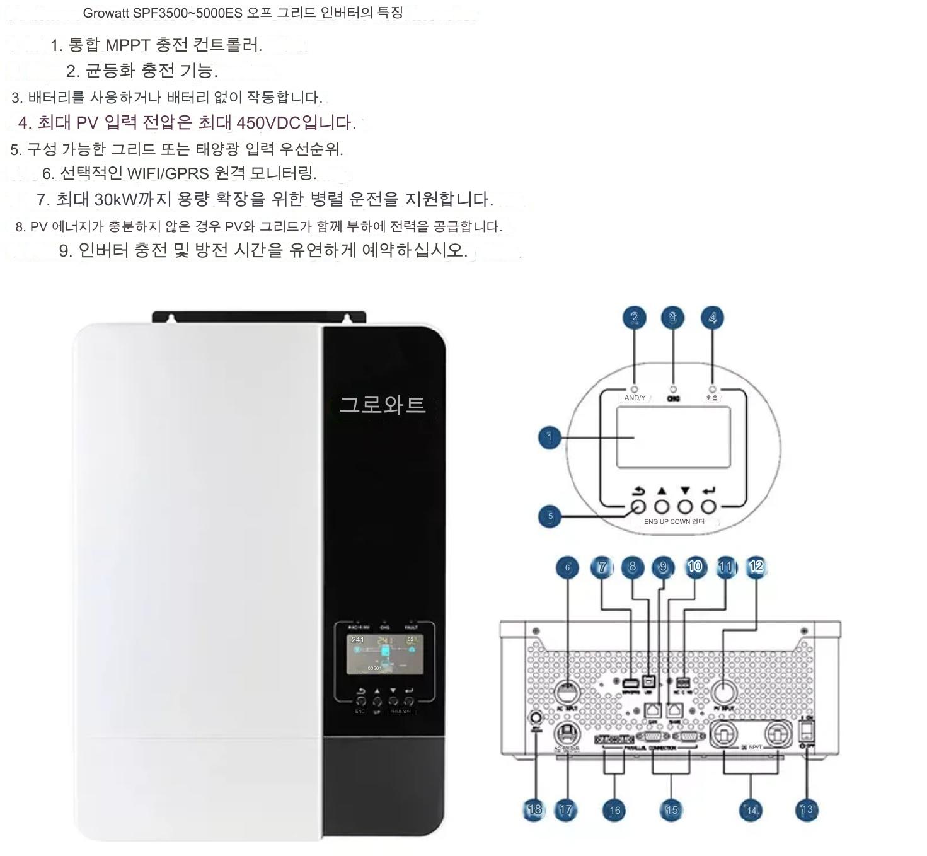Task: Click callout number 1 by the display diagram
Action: (549, 437)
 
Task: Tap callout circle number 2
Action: (635, 318)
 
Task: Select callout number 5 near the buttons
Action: (550, 516)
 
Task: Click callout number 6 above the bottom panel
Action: (567, 567)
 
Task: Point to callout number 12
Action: (756, 567)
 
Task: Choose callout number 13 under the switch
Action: (807, 810)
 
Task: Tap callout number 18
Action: (534, 810)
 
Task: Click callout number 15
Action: (672, 810)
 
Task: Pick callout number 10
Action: (694, 567)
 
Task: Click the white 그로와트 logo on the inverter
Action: (383, 405)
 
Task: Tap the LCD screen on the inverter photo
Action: (385, 654)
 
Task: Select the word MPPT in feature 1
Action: (127, 45)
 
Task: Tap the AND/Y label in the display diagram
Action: (635, 398)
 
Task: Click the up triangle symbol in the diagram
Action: (661, 490)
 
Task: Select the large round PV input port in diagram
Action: (724, 692)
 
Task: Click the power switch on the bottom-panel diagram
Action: (807, 731)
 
